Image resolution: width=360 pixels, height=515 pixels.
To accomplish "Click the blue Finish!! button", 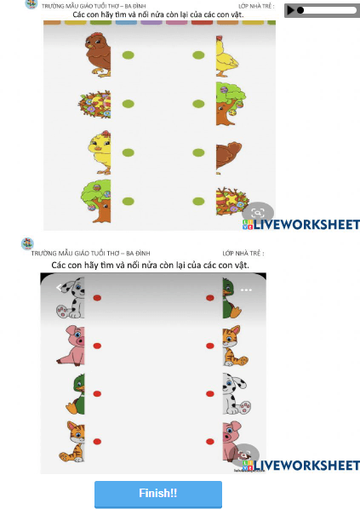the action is coord(158,494).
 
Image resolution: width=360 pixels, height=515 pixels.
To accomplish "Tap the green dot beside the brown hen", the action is coord(129,55).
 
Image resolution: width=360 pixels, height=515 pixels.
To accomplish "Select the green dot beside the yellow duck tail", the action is coord(198,55).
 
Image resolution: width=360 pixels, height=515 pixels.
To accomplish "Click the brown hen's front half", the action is coord(98,54).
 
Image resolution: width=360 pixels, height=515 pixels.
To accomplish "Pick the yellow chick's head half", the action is coord(100,152).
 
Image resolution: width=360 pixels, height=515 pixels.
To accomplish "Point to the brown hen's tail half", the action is coord(229,156).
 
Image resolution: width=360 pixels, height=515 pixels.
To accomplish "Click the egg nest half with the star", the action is coord(231,200).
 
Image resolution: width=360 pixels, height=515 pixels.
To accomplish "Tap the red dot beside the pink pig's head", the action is coord(97,346).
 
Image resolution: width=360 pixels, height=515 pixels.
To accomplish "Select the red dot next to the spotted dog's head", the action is coord(97,298).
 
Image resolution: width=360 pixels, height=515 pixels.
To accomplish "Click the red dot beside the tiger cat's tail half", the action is coord(210,346).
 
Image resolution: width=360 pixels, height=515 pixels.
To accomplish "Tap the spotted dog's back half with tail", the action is coord(237,393).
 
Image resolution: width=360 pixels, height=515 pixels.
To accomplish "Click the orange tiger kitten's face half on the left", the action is coord(72,442).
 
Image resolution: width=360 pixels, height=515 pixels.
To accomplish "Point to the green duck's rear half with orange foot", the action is coord(75,394).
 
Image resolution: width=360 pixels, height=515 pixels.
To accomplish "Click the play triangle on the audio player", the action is coord(290,10).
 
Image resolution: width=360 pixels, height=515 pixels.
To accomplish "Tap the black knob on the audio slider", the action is coord(300,10).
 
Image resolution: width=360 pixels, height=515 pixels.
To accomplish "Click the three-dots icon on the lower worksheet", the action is coord(246,290).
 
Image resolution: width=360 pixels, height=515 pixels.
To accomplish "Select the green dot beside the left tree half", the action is coord(129,202).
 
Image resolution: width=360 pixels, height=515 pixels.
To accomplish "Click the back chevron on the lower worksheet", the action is coord(59,288).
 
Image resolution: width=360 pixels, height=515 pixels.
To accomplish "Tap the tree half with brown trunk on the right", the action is coord(231,104).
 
